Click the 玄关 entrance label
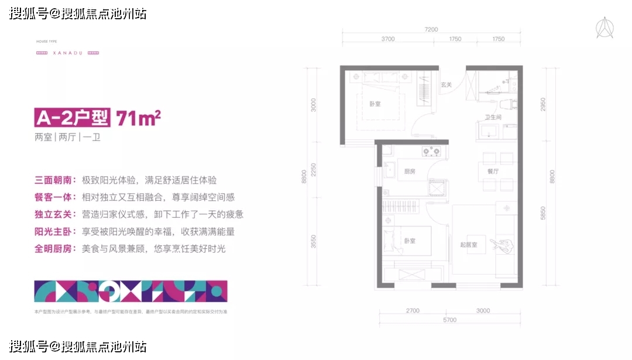point(446,85)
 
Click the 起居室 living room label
point(469,245)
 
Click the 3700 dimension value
point(388,39)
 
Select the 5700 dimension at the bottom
point(449,320)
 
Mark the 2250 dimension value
point(314,170)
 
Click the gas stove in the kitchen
point(432,152)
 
